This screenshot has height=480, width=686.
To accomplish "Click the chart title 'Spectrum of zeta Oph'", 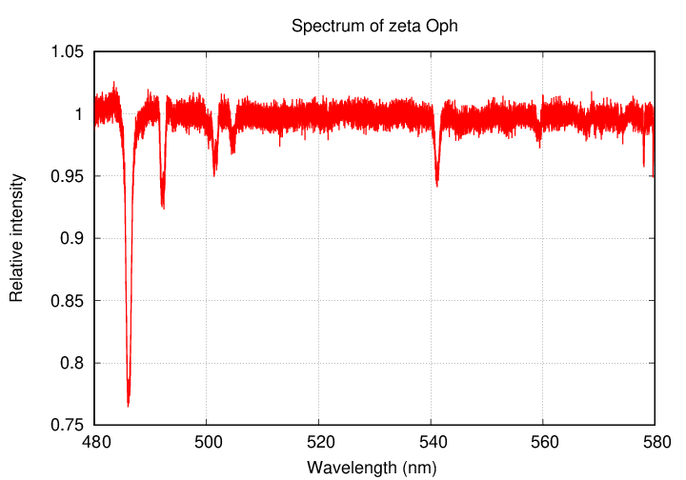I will [374, 26].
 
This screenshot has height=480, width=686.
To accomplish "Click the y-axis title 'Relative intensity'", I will [16, 238].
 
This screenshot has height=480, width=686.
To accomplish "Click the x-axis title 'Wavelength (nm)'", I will [374, 467].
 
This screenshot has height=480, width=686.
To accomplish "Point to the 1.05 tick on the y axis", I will [67, 52].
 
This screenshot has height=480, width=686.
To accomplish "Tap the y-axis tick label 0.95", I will [67, 176].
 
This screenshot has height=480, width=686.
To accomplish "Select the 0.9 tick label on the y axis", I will [71, 239].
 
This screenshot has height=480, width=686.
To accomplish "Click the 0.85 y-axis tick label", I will [67, 301].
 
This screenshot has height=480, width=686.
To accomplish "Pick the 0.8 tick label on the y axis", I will [71, 363].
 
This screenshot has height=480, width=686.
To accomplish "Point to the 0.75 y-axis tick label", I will [67, 425].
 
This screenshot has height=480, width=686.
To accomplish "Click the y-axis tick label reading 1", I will [80, 114].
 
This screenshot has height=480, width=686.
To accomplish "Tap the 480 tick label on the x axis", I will [94, 442].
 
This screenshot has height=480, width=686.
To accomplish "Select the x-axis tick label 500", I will [207, 442].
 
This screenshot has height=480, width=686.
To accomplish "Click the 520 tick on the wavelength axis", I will [319, 442].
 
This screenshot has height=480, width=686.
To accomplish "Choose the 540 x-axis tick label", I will [431, 442].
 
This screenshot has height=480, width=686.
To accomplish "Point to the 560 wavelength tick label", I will [543, 442].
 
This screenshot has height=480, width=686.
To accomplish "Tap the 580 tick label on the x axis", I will [655, 442].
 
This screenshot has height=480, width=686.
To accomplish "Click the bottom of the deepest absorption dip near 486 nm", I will [129, 405].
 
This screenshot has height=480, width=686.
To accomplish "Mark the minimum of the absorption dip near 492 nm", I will [163, 207].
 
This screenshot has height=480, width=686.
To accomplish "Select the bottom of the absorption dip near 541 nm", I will [436, 185].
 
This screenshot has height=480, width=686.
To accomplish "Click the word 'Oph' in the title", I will [443, 26].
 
